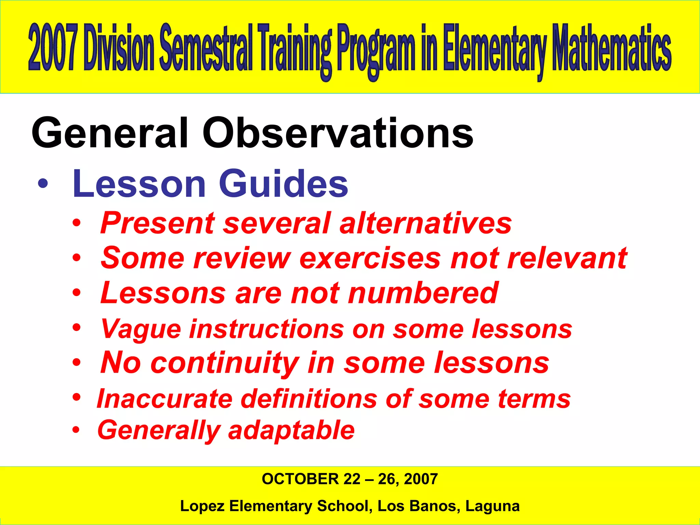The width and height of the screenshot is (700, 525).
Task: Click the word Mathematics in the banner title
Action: pos(612,48)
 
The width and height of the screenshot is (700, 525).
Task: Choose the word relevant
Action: pos(567,258)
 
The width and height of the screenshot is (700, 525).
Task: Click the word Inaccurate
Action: pos(164,399)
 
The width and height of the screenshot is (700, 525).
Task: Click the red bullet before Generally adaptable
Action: pos(76,429)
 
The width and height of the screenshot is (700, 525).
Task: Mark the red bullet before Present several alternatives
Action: pos(77,224)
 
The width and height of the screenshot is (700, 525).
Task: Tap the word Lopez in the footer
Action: pos(202,506)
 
